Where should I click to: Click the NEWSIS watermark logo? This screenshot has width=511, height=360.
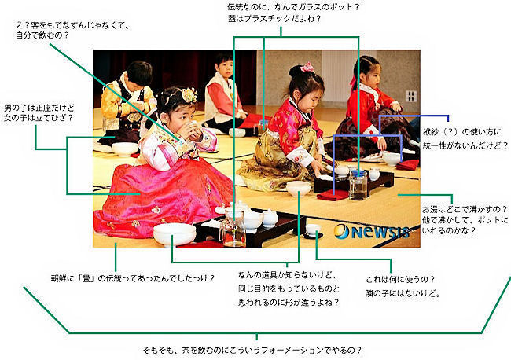tap(372, 231)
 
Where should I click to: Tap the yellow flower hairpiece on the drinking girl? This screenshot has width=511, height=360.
tap(189, 95)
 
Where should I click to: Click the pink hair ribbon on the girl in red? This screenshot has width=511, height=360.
tap(307, 67)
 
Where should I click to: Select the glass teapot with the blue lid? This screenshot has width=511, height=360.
tap(358, 185)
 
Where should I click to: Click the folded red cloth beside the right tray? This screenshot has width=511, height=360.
tap(333, 195)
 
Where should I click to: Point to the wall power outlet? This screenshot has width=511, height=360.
tap(410, 96)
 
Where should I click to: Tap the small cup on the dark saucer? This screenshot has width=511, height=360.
tap(313, 230)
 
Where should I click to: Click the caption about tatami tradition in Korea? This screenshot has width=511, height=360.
tap(133, 278)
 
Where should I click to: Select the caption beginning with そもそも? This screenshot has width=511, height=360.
tap(252, 351)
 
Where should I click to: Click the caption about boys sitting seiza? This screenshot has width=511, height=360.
tap(39, 112)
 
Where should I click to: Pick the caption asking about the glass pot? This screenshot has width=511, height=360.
tap(293, 13)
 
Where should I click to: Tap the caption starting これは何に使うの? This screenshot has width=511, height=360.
tap(403, 286)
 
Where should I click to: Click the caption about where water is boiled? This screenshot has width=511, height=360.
tap(465, 219)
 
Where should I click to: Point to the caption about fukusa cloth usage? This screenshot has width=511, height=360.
tap(465, 139)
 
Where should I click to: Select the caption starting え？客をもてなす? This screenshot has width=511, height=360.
tap(72, 31)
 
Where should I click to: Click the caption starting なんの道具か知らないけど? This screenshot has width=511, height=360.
tap(289, 288)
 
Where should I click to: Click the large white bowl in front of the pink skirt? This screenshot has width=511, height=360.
tap(175, 233)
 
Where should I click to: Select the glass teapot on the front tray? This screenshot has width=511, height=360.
tap(233, 227)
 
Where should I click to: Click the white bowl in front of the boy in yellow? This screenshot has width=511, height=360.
tap(125, 149)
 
